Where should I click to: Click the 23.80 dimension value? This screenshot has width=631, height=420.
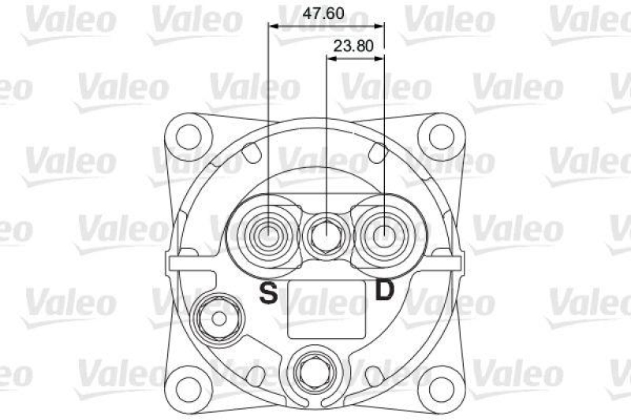353,46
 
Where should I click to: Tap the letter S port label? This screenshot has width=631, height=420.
269,293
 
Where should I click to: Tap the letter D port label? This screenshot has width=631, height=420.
384,291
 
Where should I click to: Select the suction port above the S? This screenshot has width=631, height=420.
269,233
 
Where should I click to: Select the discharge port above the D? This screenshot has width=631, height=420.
384,233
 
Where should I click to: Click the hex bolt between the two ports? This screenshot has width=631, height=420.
327,234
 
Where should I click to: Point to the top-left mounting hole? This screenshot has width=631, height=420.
190,132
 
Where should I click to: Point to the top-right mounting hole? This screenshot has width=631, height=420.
436,132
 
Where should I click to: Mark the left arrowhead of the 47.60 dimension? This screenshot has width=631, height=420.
273,25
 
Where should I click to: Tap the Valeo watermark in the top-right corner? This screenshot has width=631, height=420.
588,19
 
